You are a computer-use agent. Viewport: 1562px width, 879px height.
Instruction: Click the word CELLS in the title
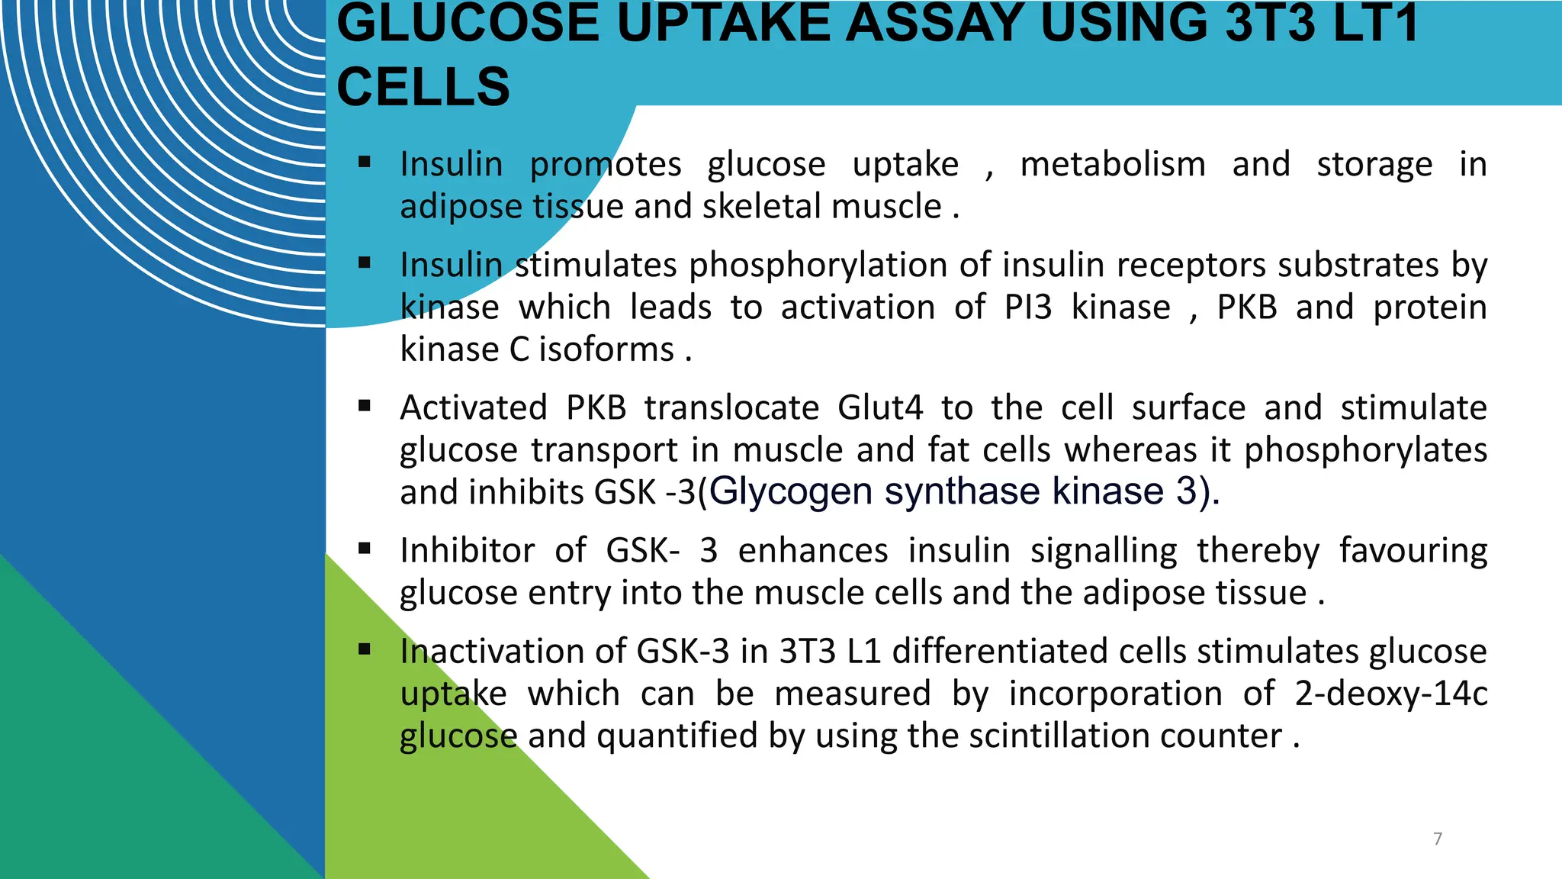pyautogui.click(x=423, y=86)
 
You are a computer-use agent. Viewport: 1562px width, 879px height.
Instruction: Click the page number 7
pyautogui.click(x=1438, y=839)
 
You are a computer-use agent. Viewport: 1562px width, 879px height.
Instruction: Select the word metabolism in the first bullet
pyautogui.click(x=1113, y=165)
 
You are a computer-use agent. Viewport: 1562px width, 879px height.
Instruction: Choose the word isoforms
pyautogui.click(x=606, y=350)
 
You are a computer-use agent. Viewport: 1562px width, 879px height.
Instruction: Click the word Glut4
pyautogui.click(x=880, y=407)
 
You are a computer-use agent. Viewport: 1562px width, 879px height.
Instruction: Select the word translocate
pyautogui.click(x=731, y=407)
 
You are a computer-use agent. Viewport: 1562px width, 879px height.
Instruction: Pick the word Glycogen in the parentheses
pyautogui.click(x=790, y=491)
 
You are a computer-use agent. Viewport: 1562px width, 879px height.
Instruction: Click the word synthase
pyautogui.click(x=962, y=491)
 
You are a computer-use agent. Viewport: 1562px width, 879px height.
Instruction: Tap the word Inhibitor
pyautogui.click(x=467, y=551)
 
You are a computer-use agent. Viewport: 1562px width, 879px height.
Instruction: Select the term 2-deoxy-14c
pyautogui.click(x=1390, y=694)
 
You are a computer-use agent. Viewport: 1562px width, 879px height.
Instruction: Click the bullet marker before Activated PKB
pyautogui.click(x=365, y=406)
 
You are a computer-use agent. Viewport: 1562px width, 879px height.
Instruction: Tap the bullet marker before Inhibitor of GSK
pyautogui.click(x=365, y=549)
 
